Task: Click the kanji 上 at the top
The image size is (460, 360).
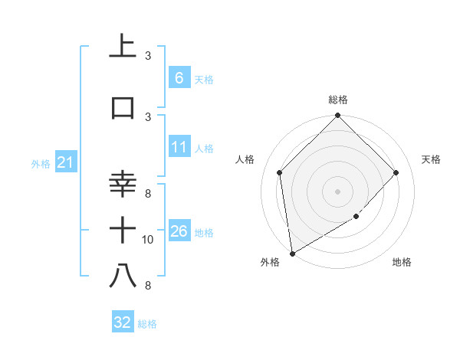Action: click(123, 47)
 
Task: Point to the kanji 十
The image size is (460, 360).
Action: click(123, 230)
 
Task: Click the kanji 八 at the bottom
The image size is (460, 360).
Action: click(123, 276)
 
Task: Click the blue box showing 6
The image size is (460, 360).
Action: click(179, 78)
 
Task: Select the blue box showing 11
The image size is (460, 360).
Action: click(179, 147)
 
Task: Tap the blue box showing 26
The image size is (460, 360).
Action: click(179, 231)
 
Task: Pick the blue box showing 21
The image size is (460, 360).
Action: click(65, 162)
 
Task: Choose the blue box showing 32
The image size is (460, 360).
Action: click(122, 322)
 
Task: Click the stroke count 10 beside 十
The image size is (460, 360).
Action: click(148, 240)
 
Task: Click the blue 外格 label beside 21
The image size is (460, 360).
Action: click(40, 163)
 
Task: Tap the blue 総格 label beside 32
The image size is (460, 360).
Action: click(147, 324)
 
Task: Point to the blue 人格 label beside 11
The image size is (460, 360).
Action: click(204, 148)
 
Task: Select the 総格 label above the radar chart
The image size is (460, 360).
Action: click(338, 100)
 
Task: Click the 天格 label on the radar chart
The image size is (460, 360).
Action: click(431, 159)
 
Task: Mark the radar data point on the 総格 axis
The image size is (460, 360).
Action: click(338, 116)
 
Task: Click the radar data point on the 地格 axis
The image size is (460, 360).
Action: click(356, 218)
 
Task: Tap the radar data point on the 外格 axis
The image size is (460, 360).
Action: click(292, 254)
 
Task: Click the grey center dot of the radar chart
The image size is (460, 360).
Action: click(338, 191)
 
